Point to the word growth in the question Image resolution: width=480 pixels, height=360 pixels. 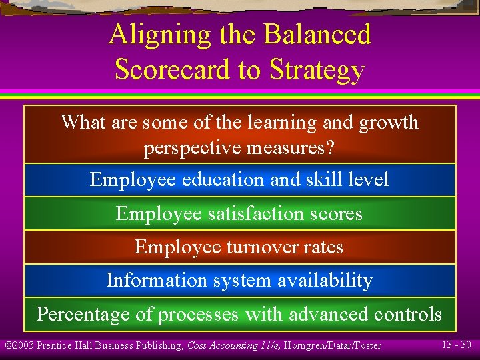(x=389, y=123)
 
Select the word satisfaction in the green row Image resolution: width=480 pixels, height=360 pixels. (x=250, y=214)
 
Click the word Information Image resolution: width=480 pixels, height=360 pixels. (x=156, y=281)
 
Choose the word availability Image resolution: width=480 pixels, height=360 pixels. (x=322, y=281)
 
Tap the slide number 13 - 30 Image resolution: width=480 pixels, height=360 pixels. (x=457, y=344)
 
